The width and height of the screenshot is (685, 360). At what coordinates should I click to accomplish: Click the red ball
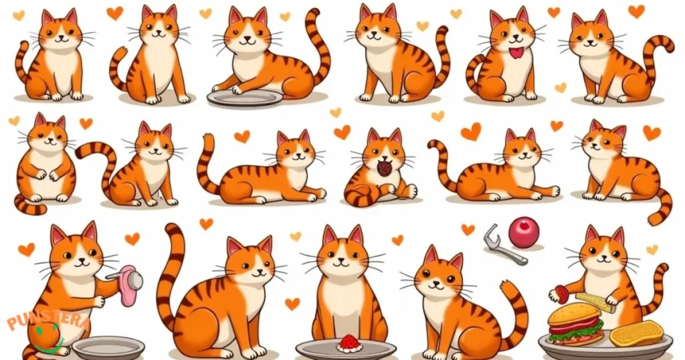point(523,232)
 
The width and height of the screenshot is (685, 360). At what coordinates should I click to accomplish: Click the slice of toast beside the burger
point(636,333)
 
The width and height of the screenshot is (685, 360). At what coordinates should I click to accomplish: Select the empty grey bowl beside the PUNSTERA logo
point(108,347)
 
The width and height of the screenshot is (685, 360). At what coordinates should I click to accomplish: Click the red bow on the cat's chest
point(515,52)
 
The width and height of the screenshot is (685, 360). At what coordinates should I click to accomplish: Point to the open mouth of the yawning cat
point(385,168)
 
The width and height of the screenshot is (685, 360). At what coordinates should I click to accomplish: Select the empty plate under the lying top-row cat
point(246,97)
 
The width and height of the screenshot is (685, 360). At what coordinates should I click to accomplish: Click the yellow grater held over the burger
point(595,302)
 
